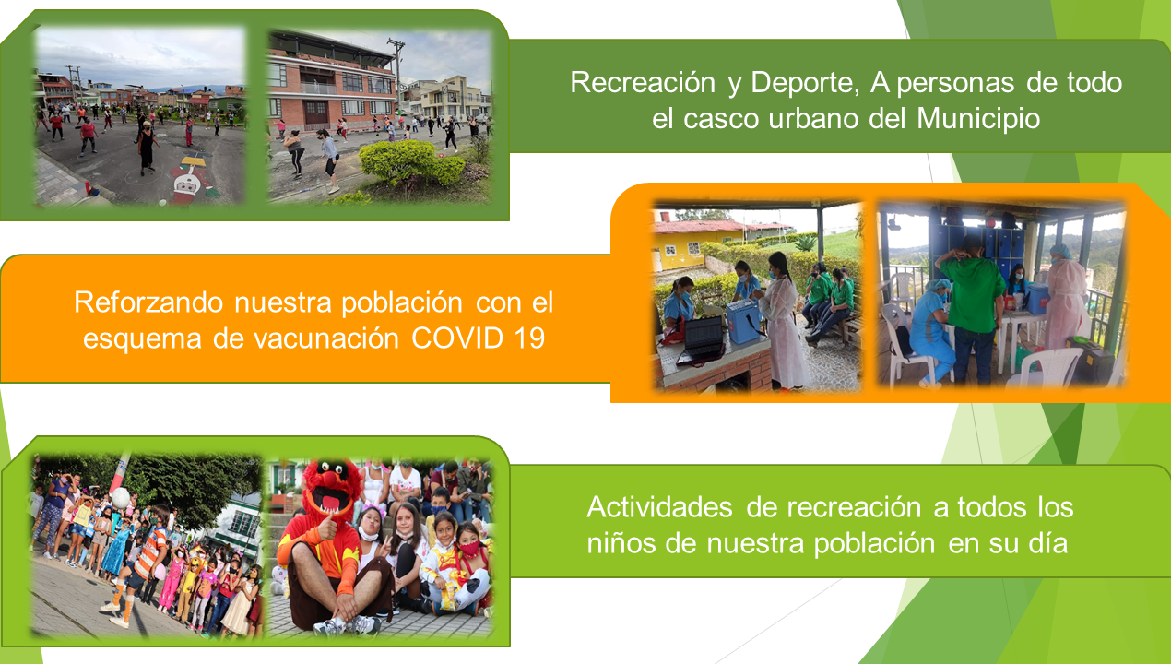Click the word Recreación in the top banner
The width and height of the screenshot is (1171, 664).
(643, 83)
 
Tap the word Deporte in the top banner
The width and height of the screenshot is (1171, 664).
(805, 83)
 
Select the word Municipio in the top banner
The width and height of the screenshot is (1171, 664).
(978, 119)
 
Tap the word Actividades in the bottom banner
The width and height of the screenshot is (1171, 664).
(659, 507)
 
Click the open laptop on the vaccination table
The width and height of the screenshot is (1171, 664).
(701, 341)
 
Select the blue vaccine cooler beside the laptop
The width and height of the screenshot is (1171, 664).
(743, 321)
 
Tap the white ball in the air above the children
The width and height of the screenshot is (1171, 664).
(121, 498)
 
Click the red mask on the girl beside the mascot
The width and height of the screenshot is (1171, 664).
(469, 549)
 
